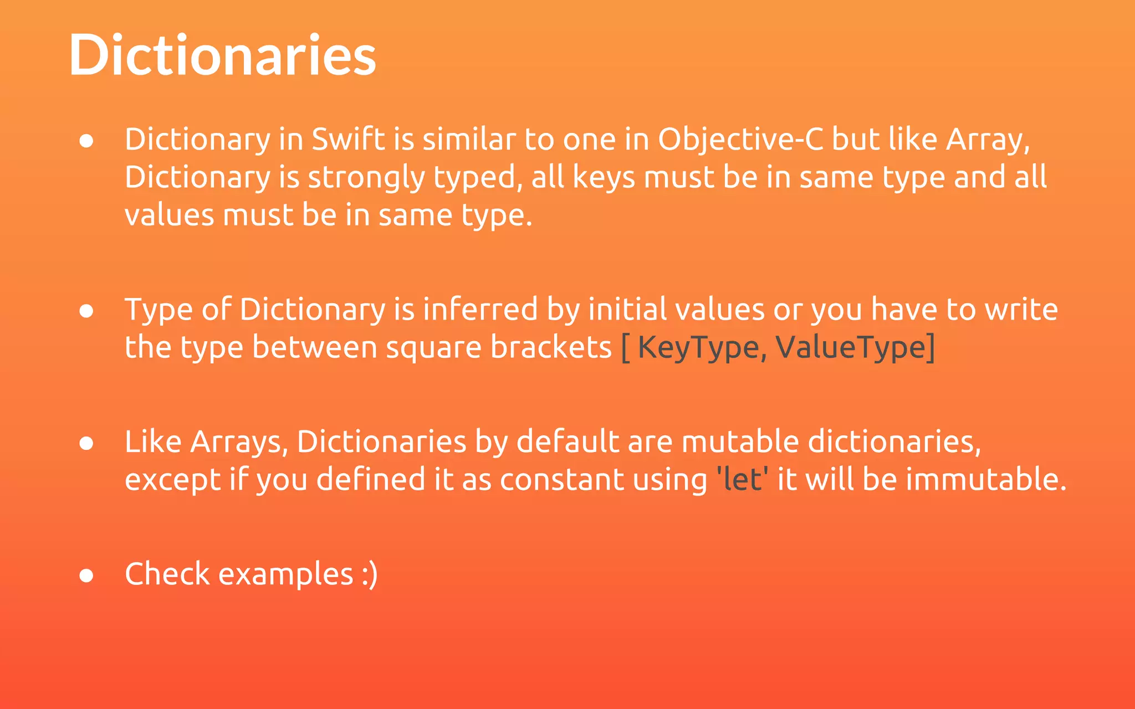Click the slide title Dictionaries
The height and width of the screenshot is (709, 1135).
point(222,55)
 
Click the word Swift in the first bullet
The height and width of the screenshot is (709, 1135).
point(348,139)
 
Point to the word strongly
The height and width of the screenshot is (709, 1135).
point(366,178)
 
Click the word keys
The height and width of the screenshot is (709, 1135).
point(604,178)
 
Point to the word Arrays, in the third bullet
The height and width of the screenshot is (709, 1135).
point(239,442)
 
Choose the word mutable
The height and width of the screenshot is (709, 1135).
point(740,441)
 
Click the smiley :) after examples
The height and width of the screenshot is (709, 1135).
point(370,574)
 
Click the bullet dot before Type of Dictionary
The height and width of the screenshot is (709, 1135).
point(86,311)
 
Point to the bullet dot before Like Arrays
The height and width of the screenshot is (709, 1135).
point(86,444)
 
